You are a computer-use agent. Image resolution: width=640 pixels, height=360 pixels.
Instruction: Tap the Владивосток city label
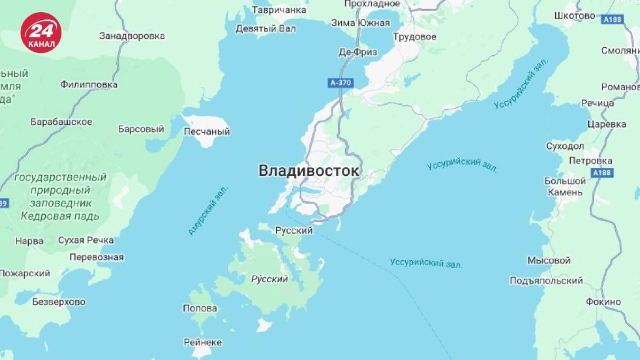309,171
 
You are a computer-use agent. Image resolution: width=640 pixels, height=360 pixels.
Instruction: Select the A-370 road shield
341,83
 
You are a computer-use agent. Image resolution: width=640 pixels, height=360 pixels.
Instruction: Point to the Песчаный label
206,131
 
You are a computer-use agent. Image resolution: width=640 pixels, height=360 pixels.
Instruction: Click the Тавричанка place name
279,10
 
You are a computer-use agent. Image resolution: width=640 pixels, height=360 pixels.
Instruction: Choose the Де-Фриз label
357,52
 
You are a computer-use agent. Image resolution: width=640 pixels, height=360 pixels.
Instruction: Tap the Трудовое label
414,37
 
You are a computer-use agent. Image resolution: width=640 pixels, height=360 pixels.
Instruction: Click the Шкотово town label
574,15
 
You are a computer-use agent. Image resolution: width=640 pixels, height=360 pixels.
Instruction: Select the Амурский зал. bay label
207,211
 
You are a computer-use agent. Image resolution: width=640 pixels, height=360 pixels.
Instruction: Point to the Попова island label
199,308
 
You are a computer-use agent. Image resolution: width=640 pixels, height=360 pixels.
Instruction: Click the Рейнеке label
202,342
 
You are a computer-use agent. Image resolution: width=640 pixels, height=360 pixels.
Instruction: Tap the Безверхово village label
59,302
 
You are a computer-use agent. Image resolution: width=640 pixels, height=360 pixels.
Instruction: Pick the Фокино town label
603,302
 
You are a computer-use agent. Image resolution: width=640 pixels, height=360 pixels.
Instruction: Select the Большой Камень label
564,187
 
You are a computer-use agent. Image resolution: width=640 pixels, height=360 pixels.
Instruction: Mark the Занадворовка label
132,36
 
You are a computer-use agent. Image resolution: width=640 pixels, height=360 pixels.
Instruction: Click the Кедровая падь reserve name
60,216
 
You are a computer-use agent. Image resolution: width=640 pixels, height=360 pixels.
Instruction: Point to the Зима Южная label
360,23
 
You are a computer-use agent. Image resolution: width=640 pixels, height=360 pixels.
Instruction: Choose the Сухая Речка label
85,240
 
